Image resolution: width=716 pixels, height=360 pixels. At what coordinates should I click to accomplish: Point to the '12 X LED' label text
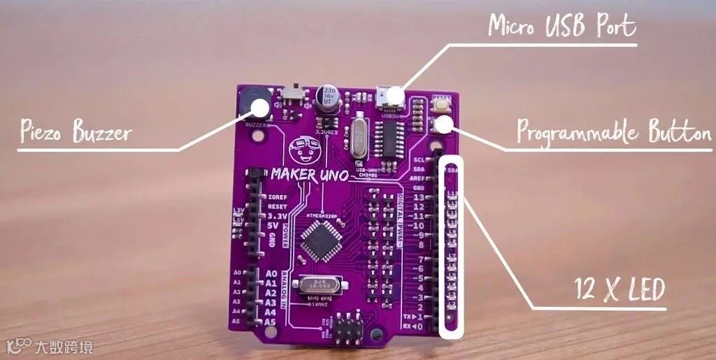click(619, 289)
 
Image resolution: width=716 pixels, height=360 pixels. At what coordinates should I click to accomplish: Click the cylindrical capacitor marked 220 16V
click(329, 100)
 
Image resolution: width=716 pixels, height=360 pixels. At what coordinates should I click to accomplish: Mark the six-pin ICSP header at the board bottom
click(344, 328)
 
